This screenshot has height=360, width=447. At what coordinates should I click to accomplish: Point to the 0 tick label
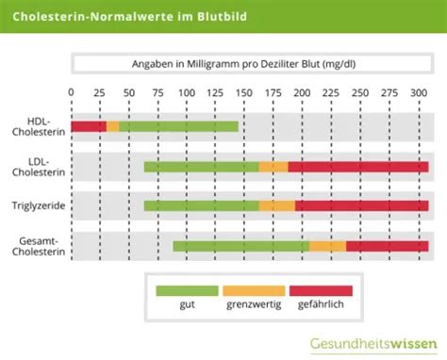(72, 92)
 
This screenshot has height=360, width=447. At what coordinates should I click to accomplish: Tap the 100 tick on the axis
(187, 92)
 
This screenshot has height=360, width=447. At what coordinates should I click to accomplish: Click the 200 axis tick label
(302, 92)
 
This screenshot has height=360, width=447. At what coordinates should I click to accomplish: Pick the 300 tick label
(417, 92)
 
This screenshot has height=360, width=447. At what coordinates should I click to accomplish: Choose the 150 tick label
(244, 92)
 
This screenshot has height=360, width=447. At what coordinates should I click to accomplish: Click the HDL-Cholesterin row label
(39, 126)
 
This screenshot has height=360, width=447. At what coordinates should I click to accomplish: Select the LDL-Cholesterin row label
(39, 167)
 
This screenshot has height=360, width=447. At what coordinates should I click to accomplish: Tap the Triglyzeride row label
(39, 205)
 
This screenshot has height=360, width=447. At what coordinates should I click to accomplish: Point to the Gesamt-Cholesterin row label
(39, 246)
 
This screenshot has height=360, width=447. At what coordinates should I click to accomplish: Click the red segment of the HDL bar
(89, 126)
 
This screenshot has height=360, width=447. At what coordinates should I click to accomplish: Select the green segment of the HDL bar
(178, 126)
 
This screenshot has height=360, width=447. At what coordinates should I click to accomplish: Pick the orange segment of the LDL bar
(273, 167)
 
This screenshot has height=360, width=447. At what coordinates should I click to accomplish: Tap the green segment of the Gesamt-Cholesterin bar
(240, 246)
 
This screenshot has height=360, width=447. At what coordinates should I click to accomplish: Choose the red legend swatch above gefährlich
(321, 291)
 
